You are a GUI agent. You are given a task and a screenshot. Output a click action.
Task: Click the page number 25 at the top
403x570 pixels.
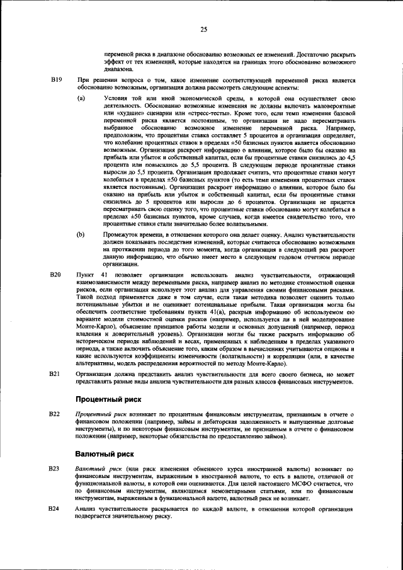pos(203,29)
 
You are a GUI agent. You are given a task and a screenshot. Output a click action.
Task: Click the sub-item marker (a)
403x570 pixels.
pos(81,100)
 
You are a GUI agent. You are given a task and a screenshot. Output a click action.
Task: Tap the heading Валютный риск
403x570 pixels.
pos(105,455)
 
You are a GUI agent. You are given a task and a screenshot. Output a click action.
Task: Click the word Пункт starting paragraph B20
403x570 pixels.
pos(84,275)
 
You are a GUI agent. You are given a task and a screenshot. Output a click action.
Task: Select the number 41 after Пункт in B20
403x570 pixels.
pos(105,275)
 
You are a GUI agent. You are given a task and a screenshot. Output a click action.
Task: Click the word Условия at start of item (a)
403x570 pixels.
pos(115,100)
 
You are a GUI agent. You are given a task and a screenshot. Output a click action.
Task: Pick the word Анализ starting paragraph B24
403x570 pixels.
pos(86,508)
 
